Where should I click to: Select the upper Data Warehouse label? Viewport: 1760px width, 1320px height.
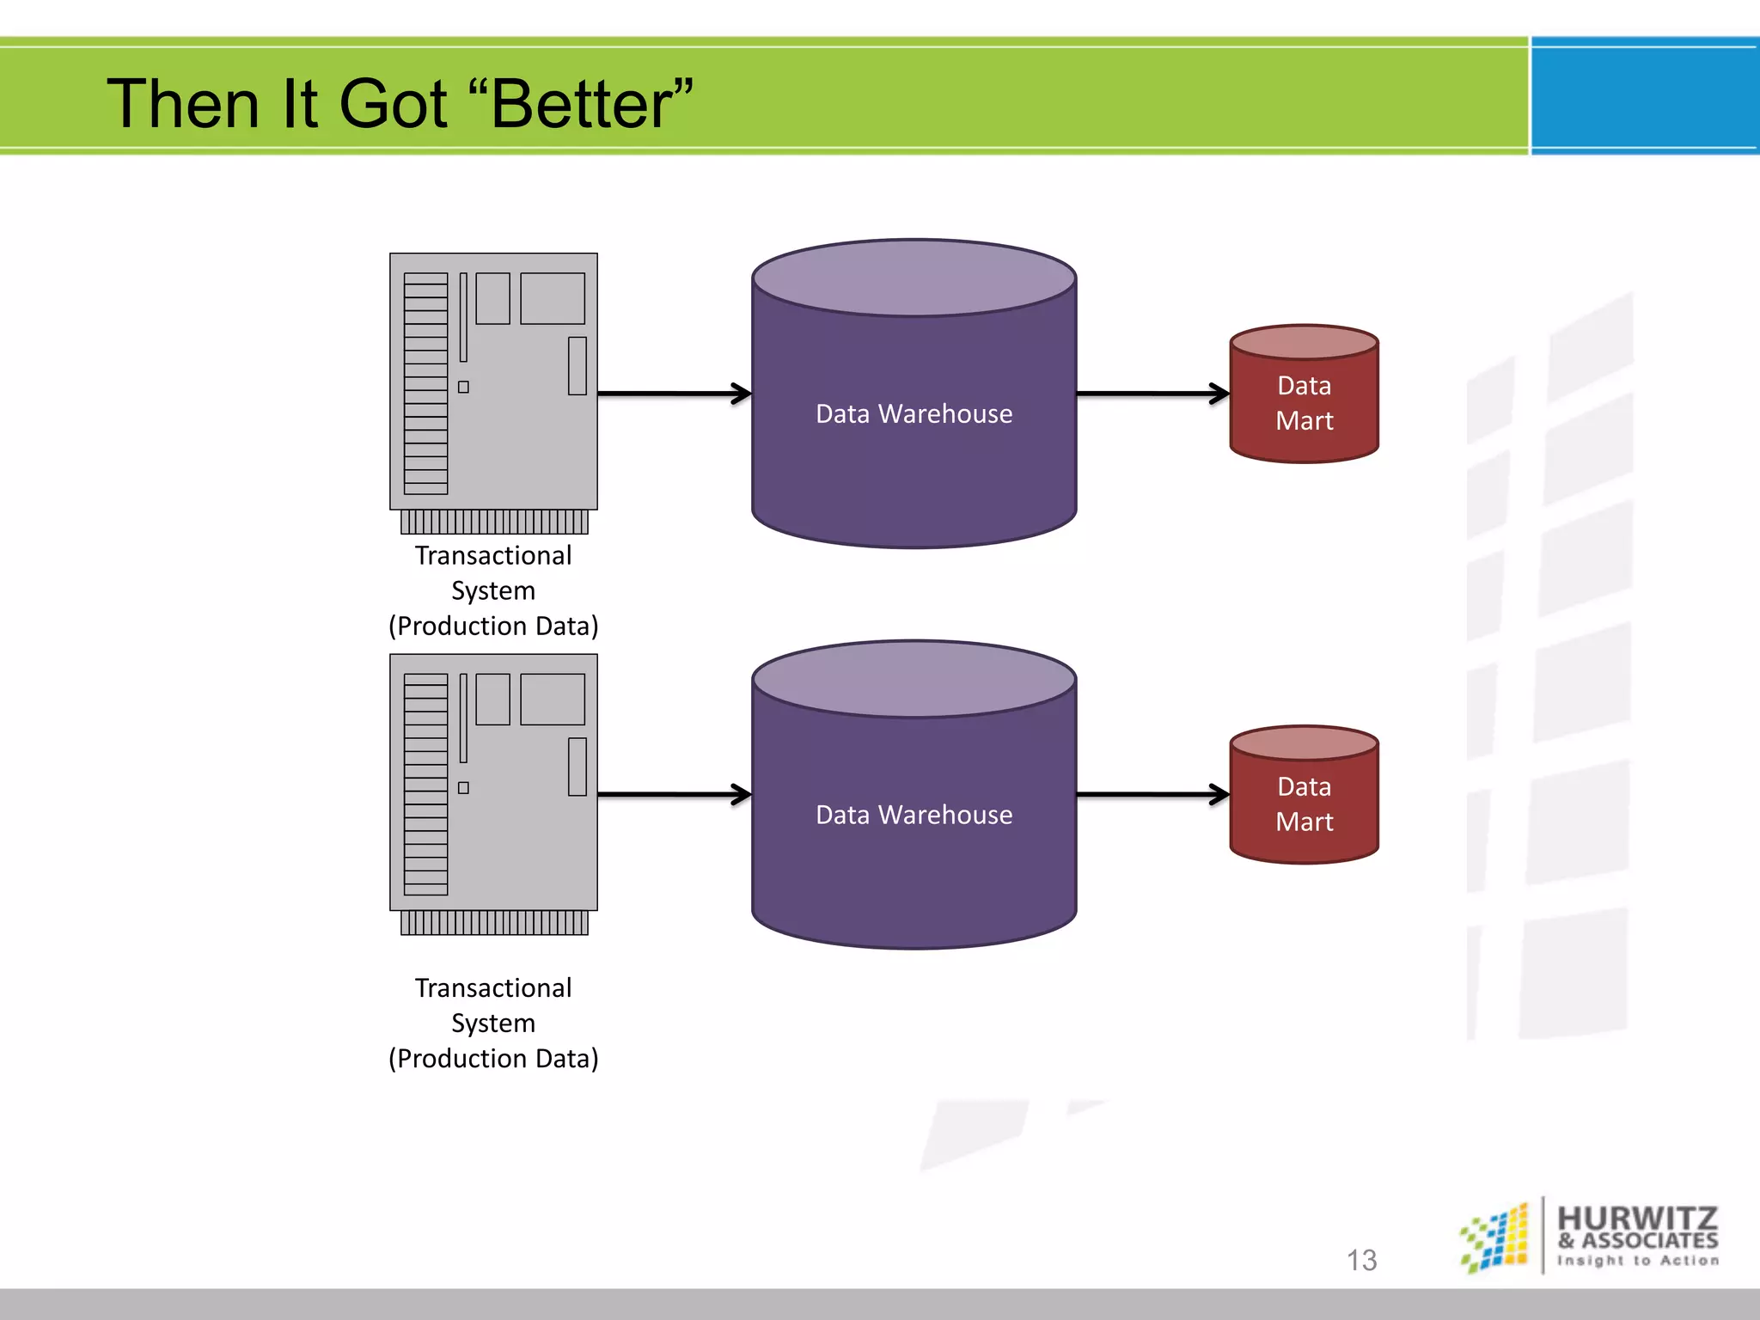[914, 414]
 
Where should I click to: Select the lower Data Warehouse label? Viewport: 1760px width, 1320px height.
[914, 815]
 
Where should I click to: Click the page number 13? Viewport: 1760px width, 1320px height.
[1361, 1260]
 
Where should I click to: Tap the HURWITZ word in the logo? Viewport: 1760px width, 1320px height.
[1637, 1218]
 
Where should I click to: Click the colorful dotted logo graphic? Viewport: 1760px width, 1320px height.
[1496, 1237]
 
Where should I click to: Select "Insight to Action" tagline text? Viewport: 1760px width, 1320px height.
[1638, 1261]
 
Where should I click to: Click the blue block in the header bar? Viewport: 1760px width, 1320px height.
[1644, 95]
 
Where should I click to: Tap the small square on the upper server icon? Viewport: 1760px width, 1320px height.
[463, 387]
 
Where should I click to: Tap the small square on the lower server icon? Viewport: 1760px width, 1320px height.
[463, 788]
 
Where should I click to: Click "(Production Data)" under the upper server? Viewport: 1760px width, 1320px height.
[493, 626]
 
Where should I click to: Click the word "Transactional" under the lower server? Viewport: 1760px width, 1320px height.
[493, 988]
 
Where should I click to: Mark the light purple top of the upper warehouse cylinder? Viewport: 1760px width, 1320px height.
[914, 278]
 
